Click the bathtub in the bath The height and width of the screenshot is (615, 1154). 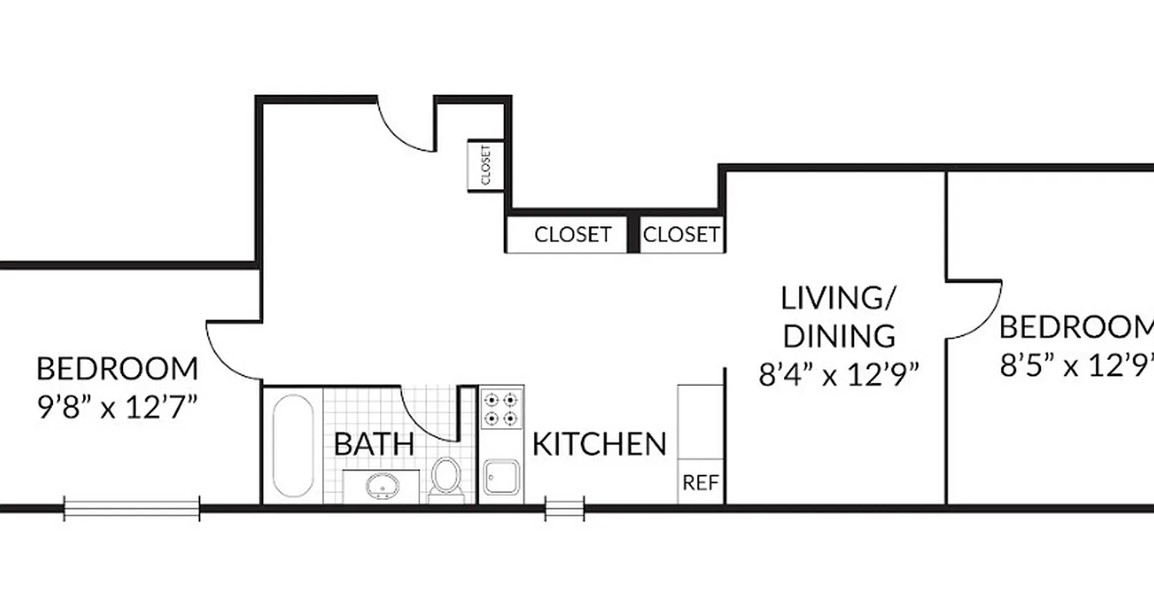coord(293,446)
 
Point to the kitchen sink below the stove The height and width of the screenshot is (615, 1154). coord(502,478)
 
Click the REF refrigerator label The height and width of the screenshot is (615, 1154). coord(701,484)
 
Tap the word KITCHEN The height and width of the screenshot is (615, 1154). coord(599,444)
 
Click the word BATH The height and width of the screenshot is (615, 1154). coord(374,444)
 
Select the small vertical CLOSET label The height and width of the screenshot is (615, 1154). coord(486,165)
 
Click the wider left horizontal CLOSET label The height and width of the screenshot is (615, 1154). coord(572,234)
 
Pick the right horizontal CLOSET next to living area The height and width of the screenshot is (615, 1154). coord(681,234)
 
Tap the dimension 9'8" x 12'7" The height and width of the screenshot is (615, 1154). coord(116,405)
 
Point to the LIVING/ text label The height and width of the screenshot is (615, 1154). coord(839,298)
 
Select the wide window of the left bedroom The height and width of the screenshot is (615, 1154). coord(132,508)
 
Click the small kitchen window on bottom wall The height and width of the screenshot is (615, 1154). coord(565,508)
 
